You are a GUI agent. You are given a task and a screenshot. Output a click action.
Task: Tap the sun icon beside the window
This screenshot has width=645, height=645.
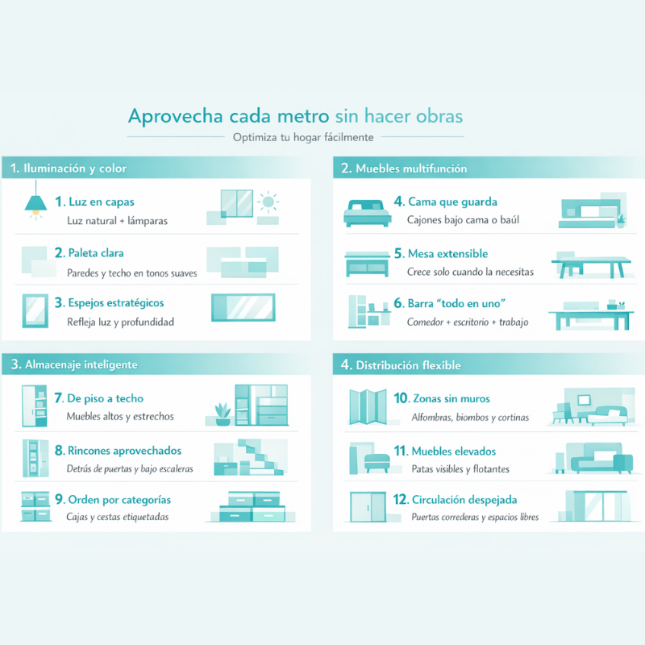coord(268,202)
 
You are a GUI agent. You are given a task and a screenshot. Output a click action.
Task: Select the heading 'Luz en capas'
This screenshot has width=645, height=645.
coord(102,202)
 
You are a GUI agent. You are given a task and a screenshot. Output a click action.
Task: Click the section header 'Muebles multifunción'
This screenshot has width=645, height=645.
coord(411,169)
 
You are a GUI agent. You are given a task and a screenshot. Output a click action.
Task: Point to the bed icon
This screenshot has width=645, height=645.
coord(368,213)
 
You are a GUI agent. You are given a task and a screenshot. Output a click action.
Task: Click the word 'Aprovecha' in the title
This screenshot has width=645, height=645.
coord(176,116)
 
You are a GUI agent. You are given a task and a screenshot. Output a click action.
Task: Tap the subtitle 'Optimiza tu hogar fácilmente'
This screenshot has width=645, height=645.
coord(303,137)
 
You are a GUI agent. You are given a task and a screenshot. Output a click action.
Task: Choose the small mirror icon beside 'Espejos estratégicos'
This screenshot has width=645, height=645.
coord(35,310)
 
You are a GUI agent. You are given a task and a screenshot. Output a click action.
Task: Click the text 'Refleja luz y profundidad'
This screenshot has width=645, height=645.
coord(120,322)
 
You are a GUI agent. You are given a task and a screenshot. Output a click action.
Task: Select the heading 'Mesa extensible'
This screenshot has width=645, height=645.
coord(447,254)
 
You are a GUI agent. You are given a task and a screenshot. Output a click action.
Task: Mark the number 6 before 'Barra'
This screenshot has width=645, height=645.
coord(398,303)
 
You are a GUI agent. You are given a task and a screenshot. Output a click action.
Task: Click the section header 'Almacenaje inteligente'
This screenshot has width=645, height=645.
coord(81,365)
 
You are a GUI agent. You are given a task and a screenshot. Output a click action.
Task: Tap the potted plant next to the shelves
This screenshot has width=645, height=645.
coord(223,414)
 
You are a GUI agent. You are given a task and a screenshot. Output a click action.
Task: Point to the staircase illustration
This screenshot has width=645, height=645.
coord(258,457)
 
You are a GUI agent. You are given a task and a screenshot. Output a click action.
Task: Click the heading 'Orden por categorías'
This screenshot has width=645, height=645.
coord(119,500)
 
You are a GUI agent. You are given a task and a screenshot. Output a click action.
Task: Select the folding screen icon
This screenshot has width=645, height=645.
coord(368,406)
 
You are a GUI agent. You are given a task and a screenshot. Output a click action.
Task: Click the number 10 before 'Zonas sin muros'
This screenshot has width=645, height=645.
coord(401,398)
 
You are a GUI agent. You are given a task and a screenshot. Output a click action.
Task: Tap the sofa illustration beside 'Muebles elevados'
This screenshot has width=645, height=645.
coord(601,458)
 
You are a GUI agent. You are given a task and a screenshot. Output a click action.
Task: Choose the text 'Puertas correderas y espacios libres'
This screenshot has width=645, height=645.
coord(475,517)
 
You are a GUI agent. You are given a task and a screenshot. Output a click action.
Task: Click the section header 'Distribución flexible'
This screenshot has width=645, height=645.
coord(408,365)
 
